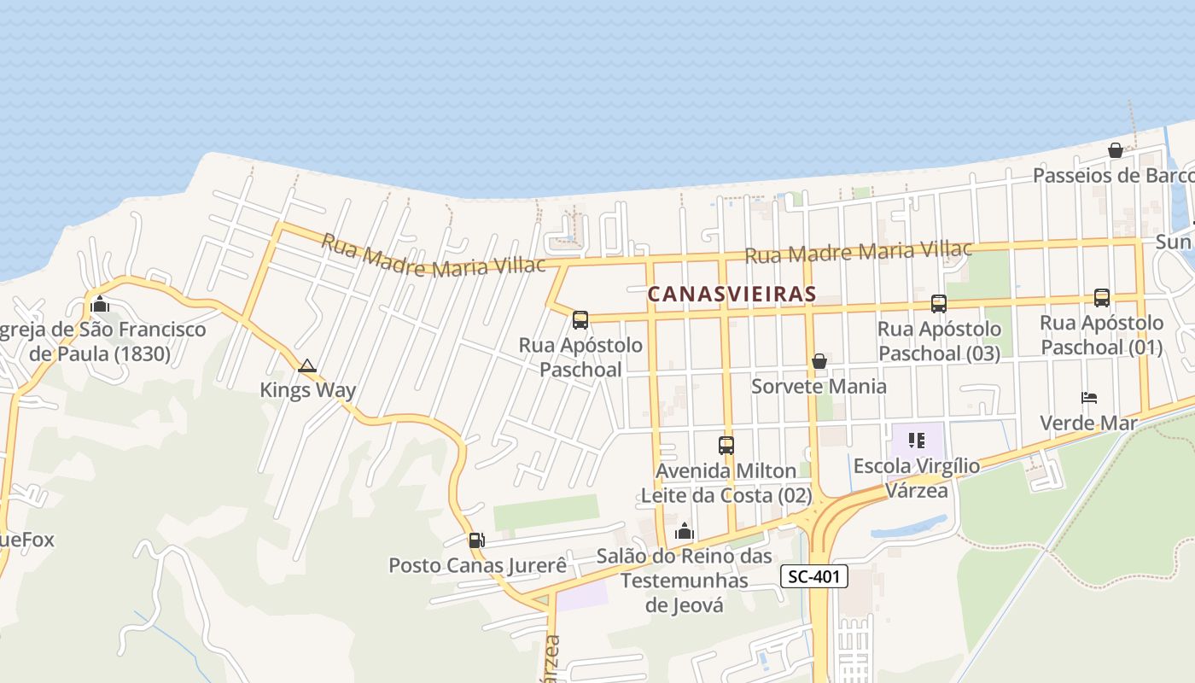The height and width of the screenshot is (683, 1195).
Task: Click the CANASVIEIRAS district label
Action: coord(732,294)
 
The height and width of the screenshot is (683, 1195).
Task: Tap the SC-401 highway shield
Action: coord(814,577)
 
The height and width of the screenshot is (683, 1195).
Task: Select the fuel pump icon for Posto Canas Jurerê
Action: coord(476,540)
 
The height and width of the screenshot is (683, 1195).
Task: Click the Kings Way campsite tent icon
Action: coord(307,366)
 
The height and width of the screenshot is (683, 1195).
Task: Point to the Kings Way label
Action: coord(307,390)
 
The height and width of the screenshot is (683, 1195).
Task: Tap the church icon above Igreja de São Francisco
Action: coord(100,305)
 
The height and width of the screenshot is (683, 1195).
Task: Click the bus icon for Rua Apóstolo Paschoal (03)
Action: coord(938,303)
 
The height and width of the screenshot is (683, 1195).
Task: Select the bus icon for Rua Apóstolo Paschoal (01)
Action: coord(1101,298)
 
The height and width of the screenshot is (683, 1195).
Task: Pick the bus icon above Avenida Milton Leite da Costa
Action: coord(726,445)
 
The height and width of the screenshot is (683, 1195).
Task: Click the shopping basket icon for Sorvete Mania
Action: coord(819,361)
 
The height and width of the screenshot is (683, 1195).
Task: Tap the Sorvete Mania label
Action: coord(819,386)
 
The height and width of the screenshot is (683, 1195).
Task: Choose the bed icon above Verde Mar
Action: coord(1088,398)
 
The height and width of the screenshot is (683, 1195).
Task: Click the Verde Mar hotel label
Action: coord(1088,423)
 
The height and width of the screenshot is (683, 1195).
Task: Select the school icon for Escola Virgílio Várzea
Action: coord(917,441)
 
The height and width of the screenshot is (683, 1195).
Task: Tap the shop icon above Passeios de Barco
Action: coord(1115,150)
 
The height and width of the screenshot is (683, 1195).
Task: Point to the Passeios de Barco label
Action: coord(1113,176)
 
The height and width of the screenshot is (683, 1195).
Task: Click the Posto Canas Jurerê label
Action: coord(477,565)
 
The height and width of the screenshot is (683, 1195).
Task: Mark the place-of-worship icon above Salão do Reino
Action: coord(684,532)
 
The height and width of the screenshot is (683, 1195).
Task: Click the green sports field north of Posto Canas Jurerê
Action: coord(546,511)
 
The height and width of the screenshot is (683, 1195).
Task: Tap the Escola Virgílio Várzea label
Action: coord(917,478)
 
